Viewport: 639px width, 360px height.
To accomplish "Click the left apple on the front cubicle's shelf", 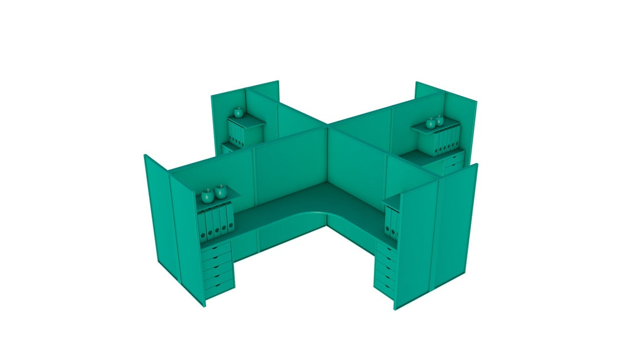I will pyautogui.click(x=208, y=195).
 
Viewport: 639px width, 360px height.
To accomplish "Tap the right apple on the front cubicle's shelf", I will pyautogui.click(x=221, y=192).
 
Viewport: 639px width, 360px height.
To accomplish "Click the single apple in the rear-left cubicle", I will pyautogui.click(x=238, y=111).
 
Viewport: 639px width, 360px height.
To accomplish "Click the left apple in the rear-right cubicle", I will pyautogui.click(x=431, y=123).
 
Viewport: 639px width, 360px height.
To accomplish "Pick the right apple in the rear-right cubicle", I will pyautogui.click(x=440, y=120).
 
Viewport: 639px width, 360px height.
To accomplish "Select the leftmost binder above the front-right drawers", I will pyautogui.click(x=389, y=222).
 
